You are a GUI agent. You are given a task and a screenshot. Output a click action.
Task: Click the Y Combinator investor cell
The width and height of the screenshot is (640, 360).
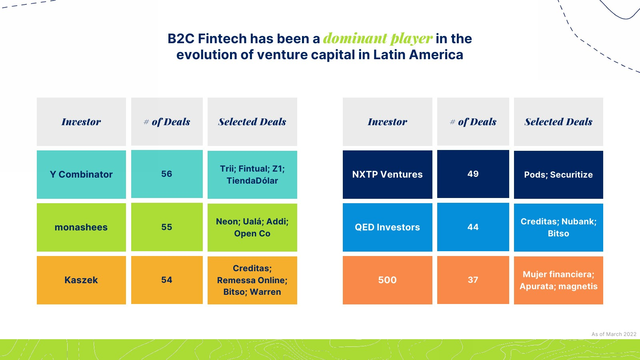coord(81,174)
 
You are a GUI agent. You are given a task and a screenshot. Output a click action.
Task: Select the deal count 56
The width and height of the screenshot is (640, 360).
coord(167,174)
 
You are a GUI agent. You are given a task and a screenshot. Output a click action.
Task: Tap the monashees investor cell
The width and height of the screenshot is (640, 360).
coord(81,228)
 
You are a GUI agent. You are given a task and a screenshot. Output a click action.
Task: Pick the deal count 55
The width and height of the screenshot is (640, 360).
coord(167,227)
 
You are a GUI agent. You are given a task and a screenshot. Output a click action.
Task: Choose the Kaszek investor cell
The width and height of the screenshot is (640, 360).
coord(81,280)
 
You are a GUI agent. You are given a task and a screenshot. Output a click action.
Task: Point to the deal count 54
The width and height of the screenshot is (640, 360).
coord(167,280)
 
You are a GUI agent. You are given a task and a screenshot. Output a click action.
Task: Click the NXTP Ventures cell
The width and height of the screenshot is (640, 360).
coord(388,174)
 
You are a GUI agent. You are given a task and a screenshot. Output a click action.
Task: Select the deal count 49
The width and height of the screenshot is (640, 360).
coord(473,174)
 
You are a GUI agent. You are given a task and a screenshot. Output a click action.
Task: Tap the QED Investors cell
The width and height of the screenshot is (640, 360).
coord(388,228)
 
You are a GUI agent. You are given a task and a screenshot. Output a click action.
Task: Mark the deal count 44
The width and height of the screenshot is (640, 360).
coord(473,227)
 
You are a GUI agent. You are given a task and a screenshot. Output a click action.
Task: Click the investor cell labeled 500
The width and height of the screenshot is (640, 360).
coord(388,280)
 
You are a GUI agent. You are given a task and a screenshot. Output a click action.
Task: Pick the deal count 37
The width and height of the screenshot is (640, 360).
coord(473,280)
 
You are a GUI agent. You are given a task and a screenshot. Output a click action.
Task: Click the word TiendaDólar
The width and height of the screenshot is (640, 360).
coord(252,181)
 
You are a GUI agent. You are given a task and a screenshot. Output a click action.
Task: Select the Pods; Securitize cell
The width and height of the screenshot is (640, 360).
coord(558,175)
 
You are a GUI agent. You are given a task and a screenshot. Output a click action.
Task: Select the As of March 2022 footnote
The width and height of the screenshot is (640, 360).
coord(614,334)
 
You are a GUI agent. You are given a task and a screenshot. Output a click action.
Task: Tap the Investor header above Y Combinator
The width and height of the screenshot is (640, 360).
coord(81,122)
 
